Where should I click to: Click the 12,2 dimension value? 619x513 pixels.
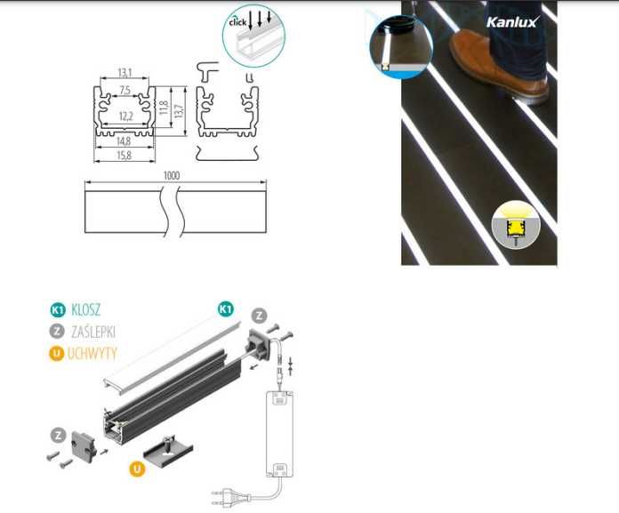pos(125,116)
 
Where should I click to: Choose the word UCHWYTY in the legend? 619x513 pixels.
pos(92,353)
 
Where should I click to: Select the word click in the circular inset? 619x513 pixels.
pos(237,21)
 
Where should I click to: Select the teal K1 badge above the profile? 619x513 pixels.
pos(225,309)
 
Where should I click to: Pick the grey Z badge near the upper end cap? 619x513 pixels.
pos(259,314)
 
